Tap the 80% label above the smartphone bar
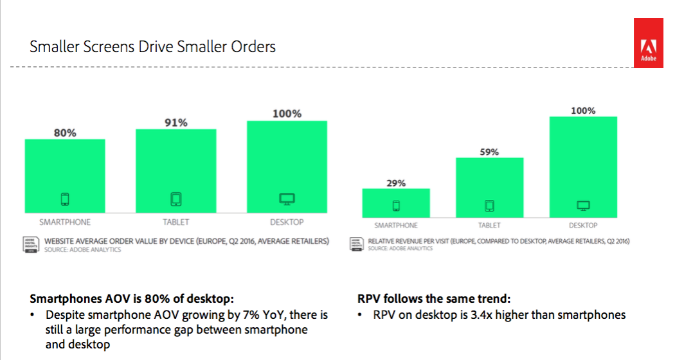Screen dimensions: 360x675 (65, 132)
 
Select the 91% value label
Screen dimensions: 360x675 (175, 122)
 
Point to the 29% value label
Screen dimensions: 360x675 (396, 183)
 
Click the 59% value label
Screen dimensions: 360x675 (489, 152)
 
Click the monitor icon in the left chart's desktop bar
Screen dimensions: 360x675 (287, 199)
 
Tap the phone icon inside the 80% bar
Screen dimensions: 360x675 (65, 199)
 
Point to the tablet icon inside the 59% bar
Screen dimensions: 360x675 (489, 206)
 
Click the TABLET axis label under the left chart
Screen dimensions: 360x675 (175, 222)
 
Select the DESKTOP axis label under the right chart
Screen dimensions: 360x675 (583, 226)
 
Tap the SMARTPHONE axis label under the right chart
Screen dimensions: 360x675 (396, 226)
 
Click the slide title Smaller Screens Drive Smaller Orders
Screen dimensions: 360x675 (153, 47)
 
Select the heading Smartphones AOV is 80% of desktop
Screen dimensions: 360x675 (132, 299)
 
